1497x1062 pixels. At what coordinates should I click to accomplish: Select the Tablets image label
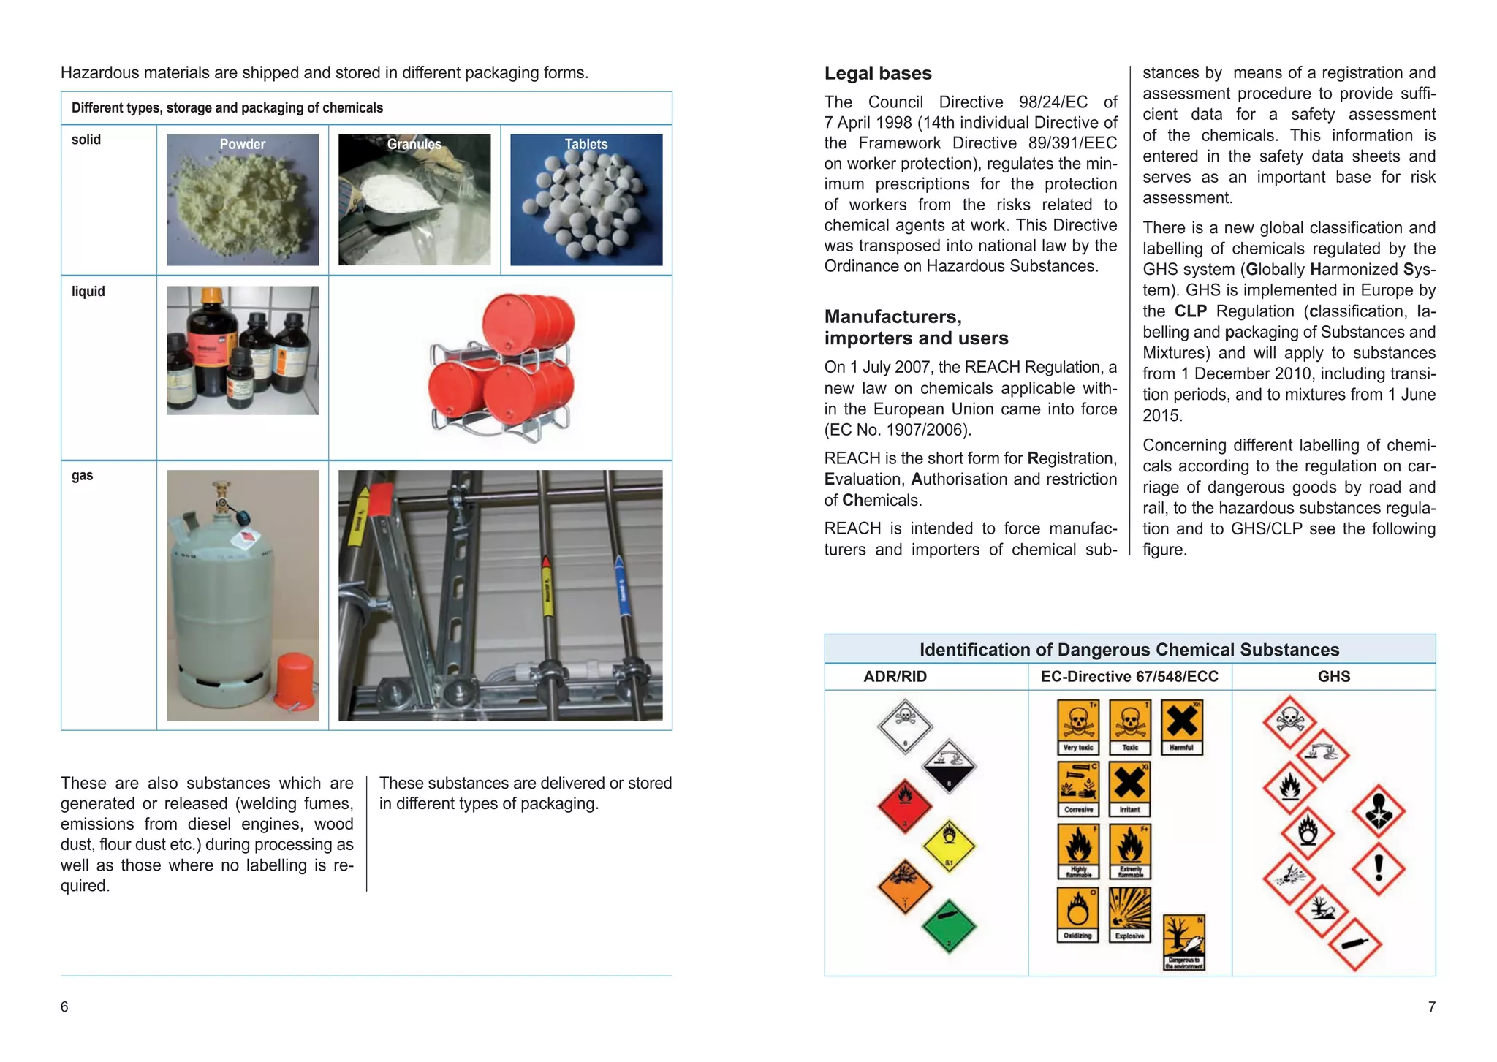[x=585, y=144]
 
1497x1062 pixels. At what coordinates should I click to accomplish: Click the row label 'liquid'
[x=88, y=291]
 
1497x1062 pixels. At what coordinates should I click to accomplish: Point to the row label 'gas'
[x=82, y=475]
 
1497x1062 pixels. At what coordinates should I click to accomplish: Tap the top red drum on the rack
[x=528, y=323]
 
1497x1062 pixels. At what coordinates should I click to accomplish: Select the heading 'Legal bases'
[x=877, y=73]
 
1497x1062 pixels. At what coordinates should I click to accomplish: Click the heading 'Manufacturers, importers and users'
[x=915, y=327]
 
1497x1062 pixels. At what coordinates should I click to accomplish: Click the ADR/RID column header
[x=895, y=676]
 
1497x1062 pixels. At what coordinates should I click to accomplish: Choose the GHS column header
[x=1333, y=676]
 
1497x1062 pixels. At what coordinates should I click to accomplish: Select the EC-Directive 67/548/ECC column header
[x=1129, y=676]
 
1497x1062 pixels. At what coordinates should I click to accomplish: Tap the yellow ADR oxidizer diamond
[x=949, y=845]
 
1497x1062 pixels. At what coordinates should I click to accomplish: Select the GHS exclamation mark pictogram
[x=1378, y=869]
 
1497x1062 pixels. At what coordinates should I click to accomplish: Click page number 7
[x=1431, y=1006]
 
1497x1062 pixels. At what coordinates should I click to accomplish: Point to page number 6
[x=64, y=1006]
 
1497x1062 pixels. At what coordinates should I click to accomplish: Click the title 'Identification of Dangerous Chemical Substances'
[x=1129, y=650]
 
